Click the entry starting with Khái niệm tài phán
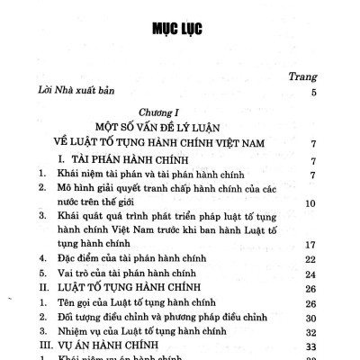tap(139, 177)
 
